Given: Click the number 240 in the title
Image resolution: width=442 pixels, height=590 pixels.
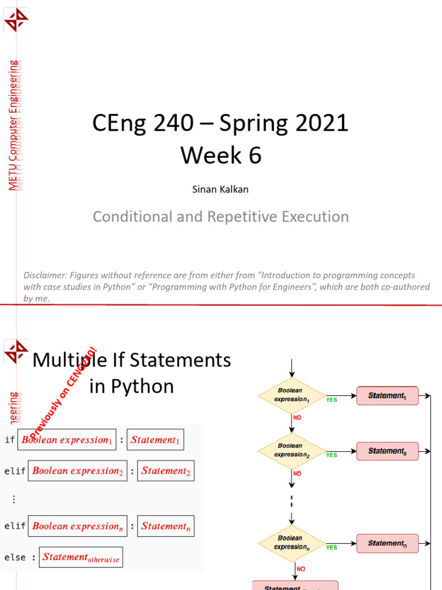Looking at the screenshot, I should click(163, 124).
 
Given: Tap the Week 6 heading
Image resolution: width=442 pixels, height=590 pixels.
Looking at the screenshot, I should click(221, 156).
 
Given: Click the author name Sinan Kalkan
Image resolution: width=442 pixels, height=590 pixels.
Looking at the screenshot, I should click(221, 189).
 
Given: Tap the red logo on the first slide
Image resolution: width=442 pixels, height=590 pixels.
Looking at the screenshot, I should click(16, 20).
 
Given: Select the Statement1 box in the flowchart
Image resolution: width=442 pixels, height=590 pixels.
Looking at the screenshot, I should click(387, 396).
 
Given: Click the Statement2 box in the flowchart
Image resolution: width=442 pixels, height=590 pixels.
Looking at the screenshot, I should click(387, 451).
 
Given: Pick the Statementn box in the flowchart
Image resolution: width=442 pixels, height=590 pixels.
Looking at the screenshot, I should click(387, 543).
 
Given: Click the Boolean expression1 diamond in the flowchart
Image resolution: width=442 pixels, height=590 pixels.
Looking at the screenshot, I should click(291, 395).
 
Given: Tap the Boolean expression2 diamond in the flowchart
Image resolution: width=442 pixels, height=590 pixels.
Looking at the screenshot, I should click(291, 451).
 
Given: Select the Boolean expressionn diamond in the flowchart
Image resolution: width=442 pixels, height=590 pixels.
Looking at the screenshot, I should click(291, 543).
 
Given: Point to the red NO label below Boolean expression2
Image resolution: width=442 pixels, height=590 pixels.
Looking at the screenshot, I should click(297, 473).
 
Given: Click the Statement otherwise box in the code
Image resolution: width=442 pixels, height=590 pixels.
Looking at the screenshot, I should click(81, 557).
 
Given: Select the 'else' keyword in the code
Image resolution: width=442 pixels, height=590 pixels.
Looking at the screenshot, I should click(15, 557).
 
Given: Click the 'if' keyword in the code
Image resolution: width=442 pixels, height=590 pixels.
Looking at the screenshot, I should click(9, 440).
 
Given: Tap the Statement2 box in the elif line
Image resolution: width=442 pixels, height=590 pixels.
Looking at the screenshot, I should click(166, 471).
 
